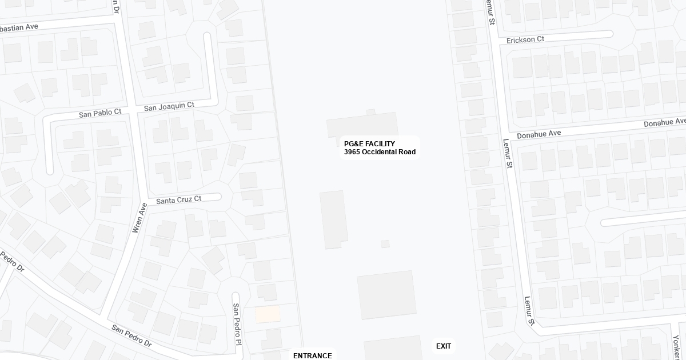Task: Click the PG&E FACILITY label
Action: coord(369,143)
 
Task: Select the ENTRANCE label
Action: coord(312,355)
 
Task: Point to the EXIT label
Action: coord(444,346)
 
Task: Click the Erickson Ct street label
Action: coord(525,39)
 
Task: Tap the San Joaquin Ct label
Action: coord(169,106)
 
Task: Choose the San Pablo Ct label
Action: coord(100,113)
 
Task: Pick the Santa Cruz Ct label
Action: coord(178,199)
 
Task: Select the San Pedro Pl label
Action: coord(236,324)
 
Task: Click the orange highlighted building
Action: coord(268,314)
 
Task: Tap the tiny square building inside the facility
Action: coord(385,244)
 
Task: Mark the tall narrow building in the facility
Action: coord(333,220)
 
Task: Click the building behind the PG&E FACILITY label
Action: coord(362,125)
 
